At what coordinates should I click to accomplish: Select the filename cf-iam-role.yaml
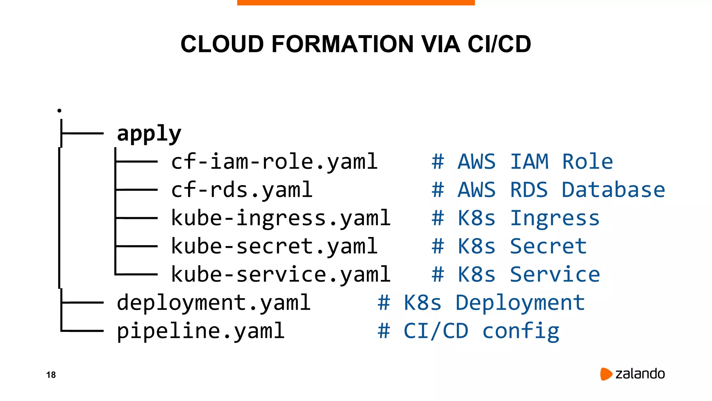(274, 162)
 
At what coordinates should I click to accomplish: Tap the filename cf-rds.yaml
(242, 190)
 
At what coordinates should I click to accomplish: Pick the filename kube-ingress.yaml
(281, 218)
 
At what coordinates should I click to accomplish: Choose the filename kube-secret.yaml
(274, 246)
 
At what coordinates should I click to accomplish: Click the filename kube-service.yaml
(281, 275)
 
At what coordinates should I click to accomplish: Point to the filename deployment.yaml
(213, 303)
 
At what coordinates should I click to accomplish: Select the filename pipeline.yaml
(201, 331)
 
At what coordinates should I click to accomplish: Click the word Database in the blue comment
(613, 190)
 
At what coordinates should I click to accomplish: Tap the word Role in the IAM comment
(588, 162)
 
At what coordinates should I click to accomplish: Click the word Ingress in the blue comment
(555, 218)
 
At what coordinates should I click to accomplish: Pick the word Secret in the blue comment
(548, 246)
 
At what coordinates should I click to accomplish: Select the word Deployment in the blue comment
(520, 303)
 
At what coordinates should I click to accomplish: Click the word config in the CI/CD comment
(521, 331)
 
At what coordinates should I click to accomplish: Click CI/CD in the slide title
(499, 44)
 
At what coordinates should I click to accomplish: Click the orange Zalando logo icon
(606, 374)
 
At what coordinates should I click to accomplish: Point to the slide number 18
(51, 375)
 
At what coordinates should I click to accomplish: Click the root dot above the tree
(59, 111)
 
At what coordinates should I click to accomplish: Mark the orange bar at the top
(356, 2)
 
